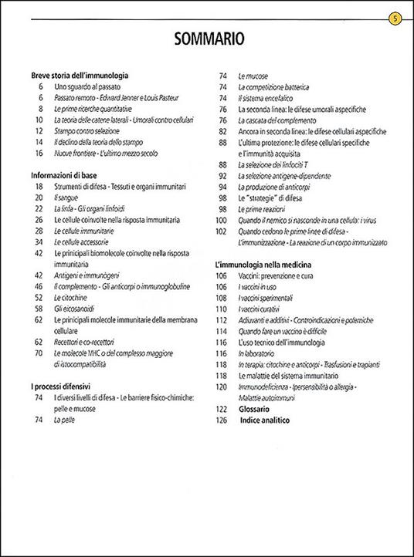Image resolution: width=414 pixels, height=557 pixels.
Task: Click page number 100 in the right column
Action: [221, 220]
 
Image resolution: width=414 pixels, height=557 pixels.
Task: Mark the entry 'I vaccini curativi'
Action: [261, 309]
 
